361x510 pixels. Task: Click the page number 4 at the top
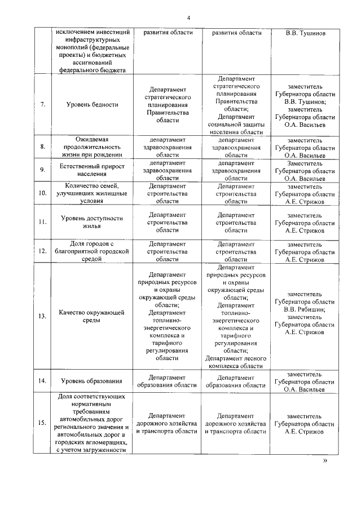click(189, 17)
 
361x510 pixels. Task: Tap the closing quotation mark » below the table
click(324, 460)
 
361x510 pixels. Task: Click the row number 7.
click(42, 105)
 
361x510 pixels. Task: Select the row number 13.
click(42, 316)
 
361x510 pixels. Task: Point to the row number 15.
click(42, 423)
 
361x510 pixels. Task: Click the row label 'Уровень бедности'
click(92, 105)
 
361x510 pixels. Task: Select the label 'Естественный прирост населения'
click(92, 170)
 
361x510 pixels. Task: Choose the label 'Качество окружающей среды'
click(92, 316)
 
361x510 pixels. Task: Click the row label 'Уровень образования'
click(92, 380)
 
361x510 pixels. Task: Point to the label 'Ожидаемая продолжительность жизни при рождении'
click(92, 147)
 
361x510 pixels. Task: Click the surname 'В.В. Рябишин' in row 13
click(305, 309)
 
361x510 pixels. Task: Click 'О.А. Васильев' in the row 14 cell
click(305, 389)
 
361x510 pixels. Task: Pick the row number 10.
click(42, 193)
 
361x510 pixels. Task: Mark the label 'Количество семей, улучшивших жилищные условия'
click(92, 193)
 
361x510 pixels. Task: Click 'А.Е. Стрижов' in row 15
click(305, 432)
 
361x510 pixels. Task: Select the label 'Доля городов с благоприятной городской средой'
click(92, 251)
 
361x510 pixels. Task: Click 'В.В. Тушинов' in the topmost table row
click(305, 33)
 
